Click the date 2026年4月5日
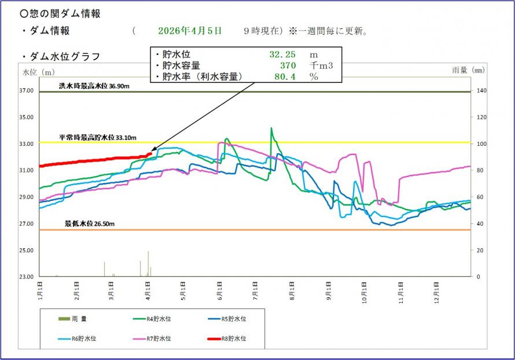pyautogui.click(x=189, y=31)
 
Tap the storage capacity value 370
pyautogui.click(x=288, y=65)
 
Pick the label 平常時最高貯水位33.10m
pyautogui.click(x=97, y=138)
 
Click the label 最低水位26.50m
pyautogui.click(x=89, y=223)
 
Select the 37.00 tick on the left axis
pyautogui.click(x=27, y=91)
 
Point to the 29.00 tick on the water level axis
pyautogui.click(x=27, y=197)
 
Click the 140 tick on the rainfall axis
pyautogui.click(x=481, y=91)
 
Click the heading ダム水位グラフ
pyautogui.click(x=64, y=56)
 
